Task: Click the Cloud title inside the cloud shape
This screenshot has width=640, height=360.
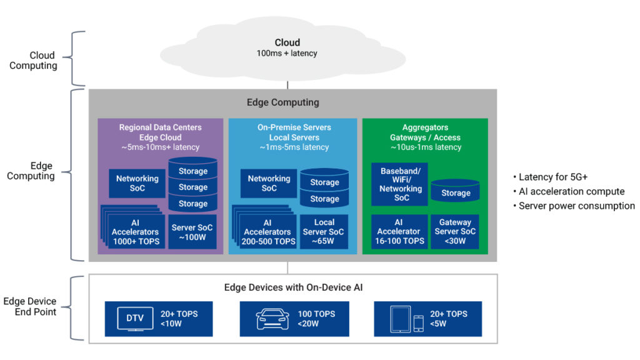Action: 287,42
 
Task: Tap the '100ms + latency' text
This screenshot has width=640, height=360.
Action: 287,54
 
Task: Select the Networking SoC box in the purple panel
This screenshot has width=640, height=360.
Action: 137,183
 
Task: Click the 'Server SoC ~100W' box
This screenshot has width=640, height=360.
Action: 192,232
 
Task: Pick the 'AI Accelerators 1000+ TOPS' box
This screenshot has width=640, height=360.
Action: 136,232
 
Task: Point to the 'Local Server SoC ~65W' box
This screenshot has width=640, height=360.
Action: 324,231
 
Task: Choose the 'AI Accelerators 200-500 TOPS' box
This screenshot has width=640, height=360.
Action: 267,232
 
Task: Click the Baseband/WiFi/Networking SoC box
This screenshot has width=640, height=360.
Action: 400,184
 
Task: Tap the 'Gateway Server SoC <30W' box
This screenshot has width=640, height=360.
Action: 455,231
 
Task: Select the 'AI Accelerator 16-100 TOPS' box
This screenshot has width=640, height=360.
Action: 400,231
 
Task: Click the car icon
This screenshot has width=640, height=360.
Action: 273,319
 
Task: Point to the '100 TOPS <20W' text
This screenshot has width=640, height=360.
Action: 316,319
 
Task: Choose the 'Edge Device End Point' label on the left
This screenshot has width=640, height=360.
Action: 36,306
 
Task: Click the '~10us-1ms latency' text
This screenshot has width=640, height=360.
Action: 425,147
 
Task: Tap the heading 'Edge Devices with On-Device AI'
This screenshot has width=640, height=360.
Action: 293,287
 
